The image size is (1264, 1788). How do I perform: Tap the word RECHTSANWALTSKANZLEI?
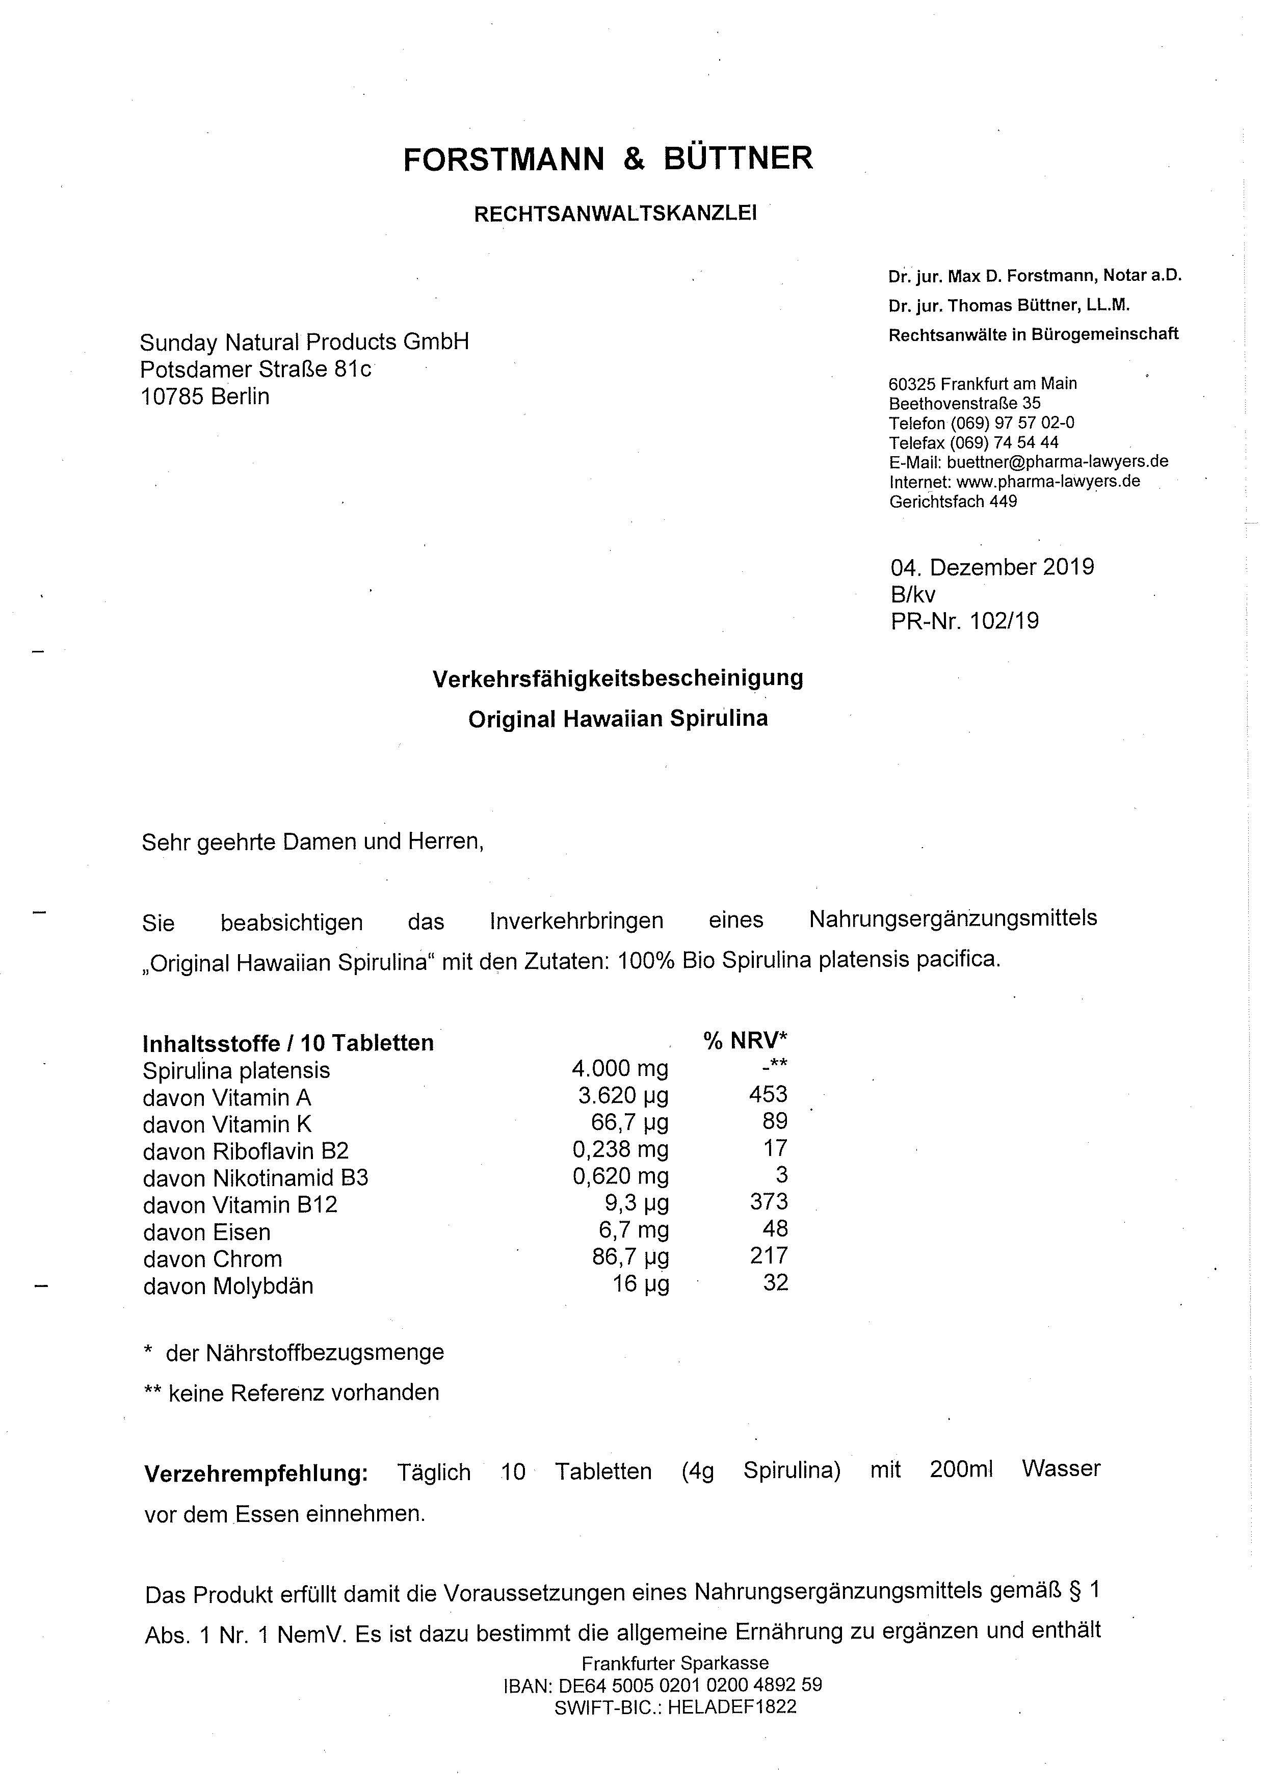(x=615, y=214)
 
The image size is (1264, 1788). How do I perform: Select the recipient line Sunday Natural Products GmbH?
(x=304, y=342)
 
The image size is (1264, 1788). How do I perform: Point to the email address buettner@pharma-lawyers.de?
(x=1057, y=461)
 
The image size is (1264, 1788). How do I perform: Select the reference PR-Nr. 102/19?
(x=964, y=621)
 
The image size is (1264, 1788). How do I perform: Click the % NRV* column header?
(x=745, y=1040)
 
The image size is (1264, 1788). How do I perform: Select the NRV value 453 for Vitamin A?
(x=768, y=1094)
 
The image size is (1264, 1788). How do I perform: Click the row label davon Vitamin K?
(x=227, y=1124)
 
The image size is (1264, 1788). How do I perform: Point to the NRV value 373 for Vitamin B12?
(x=769, y=1202)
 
